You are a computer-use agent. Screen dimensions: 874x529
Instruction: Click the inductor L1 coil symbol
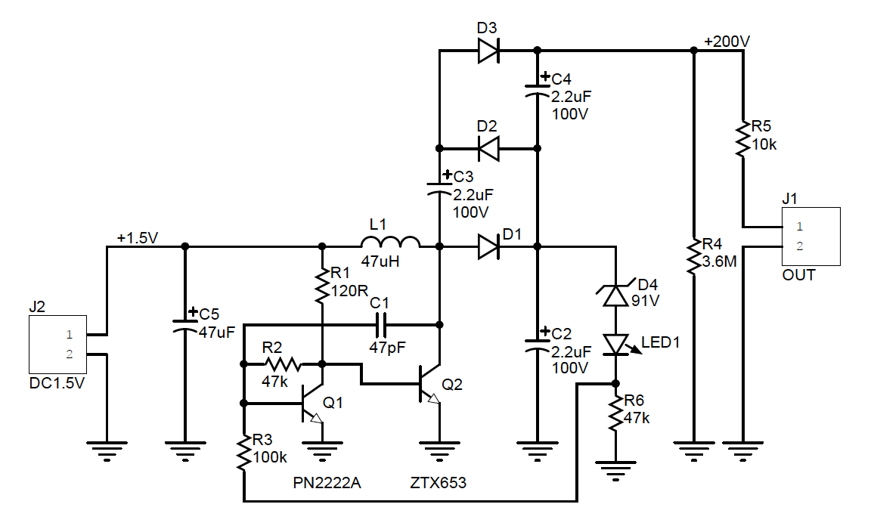pyautogui.click(x=390, y=242)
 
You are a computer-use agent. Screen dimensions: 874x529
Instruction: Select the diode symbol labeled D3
pyautogui.click(x=488, y=51)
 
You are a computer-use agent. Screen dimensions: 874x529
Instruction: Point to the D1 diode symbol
pyautogui.click(x=488, y=246)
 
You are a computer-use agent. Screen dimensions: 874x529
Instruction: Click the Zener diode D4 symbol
pyautogui.click(x=616, y=295)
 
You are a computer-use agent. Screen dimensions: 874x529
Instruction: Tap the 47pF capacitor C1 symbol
pyautogui.click(x=381, y=324)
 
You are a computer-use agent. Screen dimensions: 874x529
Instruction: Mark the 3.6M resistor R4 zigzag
pyautogui.click(x=693, y=256)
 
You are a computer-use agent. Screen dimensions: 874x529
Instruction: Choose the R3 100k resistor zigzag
pyautogui.click(x=243, y=453)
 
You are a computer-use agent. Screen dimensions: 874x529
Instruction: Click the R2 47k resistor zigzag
pyautogui.click(x=283, y=364)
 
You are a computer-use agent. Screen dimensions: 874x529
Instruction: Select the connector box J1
pyautogui.click(x=811, y=237)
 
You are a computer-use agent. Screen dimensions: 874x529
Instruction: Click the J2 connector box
pyautogui.click(x=58, y=345)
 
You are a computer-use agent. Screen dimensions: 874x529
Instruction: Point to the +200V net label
pyautogui.click(x=727, y=42)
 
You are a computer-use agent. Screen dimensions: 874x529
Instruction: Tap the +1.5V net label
pyautogui.click(x=138, y=238)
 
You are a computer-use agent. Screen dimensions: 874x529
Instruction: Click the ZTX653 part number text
pyautogui.click(x=438, y=483)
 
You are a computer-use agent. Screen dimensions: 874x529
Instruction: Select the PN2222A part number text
pyautogui.click(x=327, y=483)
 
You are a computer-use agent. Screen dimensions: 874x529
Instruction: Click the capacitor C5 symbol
pyautogui.click(x=185, y=326)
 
